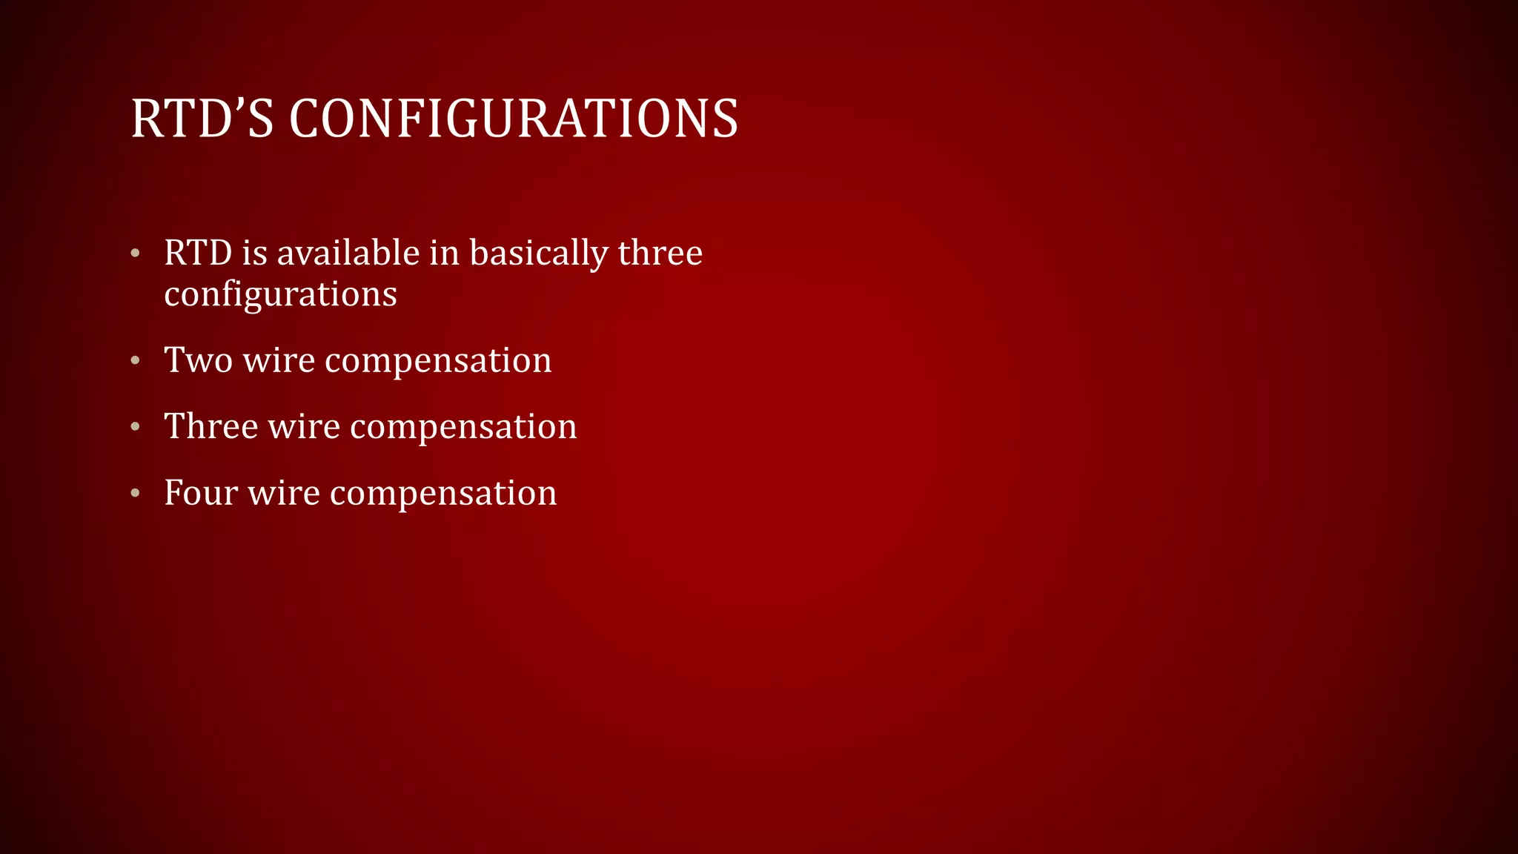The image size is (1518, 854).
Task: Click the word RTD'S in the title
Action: tap(202, 119)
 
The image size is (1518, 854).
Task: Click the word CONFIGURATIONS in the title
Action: tap(513, 119)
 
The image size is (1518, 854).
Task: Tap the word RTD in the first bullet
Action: tap(198, 254)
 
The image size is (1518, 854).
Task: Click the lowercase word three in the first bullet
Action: tap(660, 254)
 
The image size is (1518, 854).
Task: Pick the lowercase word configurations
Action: tap(280, 295)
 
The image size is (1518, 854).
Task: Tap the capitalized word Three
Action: tap(211, 427)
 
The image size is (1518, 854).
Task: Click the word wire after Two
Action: tap(279, 361)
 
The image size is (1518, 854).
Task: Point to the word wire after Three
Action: tap(304, 427)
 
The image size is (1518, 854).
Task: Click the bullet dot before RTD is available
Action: tap(135, 254)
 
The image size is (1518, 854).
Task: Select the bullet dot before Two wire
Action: tap(135, 362)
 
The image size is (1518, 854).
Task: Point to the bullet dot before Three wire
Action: tap(135, 428)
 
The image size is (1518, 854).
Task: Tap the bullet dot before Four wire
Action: tap(135, 494)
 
